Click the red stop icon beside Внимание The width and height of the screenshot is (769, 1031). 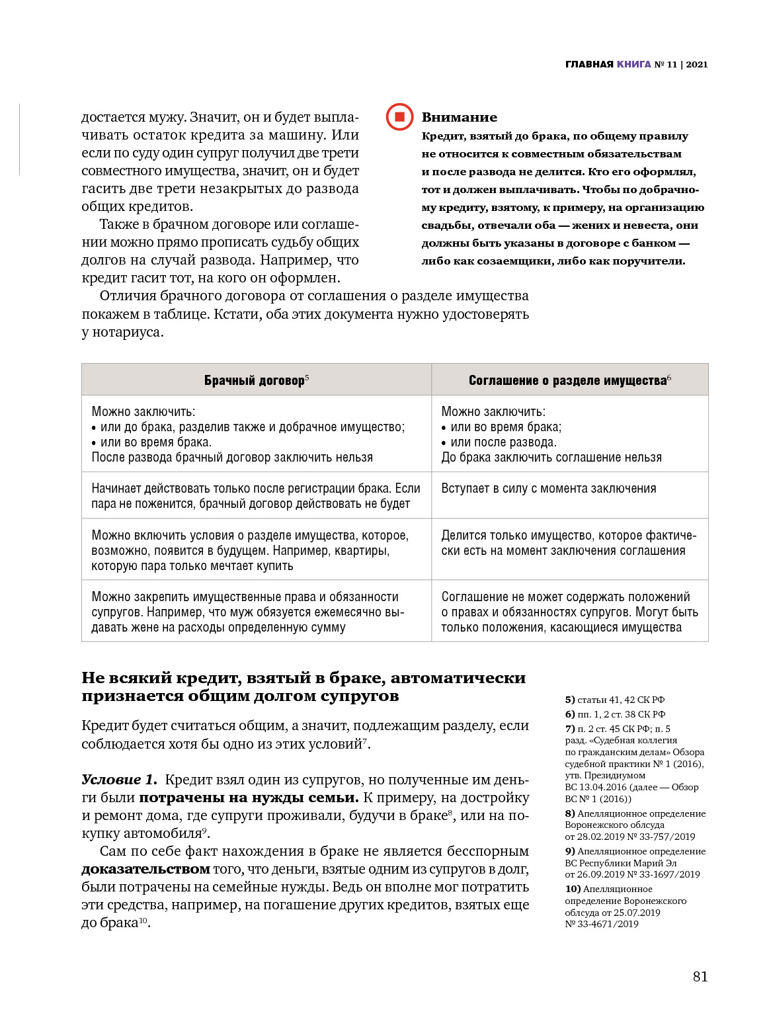[399, 117]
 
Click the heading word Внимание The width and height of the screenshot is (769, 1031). [459, 117]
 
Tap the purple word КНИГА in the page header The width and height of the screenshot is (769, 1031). [633, 64]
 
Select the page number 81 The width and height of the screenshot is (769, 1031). [700, 976]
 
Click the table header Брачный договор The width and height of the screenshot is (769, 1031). [255, 380]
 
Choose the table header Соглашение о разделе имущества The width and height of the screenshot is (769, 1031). [567, 380]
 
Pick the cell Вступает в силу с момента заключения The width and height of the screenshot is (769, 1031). [548, 489]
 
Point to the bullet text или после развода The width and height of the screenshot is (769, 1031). [503, 442]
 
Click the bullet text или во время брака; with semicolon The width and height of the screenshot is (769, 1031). [506, 427]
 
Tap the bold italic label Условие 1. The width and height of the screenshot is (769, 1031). [119, 780]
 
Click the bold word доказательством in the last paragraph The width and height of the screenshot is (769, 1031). [145, 869]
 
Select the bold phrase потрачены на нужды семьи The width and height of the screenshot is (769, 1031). [249, 798]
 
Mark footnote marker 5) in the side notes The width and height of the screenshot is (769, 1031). [569, 700]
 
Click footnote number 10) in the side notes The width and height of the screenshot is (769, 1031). [572, 889]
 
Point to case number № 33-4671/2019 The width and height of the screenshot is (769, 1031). [602, 925]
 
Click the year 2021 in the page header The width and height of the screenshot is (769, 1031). [697, 64]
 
